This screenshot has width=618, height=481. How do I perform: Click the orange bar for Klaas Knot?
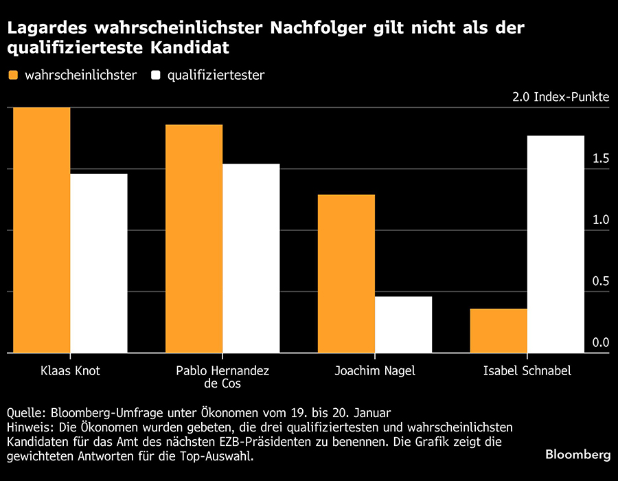pyautogui.click(x=42, y=230)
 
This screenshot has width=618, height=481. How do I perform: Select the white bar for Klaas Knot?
pyautogui.click(x=99, y=263)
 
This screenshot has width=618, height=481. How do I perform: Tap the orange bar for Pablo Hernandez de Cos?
pyautogui.click(x=194, y=238)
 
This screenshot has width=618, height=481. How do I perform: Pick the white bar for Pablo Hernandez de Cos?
pyautogui.click(x=251, y=258)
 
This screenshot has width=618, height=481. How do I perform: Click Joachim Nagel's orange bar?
pyautogui.click(x=346, y=273)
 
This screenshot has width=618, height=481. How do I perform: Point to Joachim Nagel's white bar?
pyautogui.click(x=404, y=324)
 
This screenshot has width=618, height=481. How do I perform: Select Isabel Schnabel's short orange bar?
pyautogui.click(x=499, y=331)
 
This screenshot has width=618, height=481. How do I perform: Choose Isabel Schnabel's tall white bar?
pyautogui.click(x=556, y=244)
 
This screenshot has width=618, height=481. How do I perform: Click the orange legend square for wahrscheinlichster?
pyautogui.click(x=13, y=75)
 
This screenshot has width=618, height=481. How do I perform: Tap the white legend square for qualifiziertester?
pyautogui.click(x=156, y=75)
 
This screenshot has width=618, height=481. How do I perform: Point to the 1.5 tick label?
pyautogui.click(x=600, y=159)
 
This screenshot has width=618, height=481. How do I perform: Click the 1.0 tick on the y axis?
pyautogui.click(x=600, y=220)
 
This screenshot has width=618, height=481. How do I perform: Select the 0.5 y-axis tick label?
pyautogui.click(x=600, y=281)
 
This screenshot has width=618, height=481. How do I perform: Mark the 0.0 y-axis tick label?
pyautogui.click(x=600, y=342)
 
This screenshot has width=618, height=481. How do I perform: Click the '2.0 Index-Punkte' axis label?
pyautogui.click(x=560, y=97)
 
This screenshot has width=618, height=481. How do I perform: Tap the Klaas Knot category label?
pyautogui.click(x=70, y=371)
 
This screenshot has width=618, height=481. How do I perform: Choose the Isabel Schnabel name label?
pyautogui.click(x=527, y=371)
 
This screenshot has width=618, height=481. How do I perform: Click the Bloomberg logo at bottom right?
pyautogui.click(x=577, y=454)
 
